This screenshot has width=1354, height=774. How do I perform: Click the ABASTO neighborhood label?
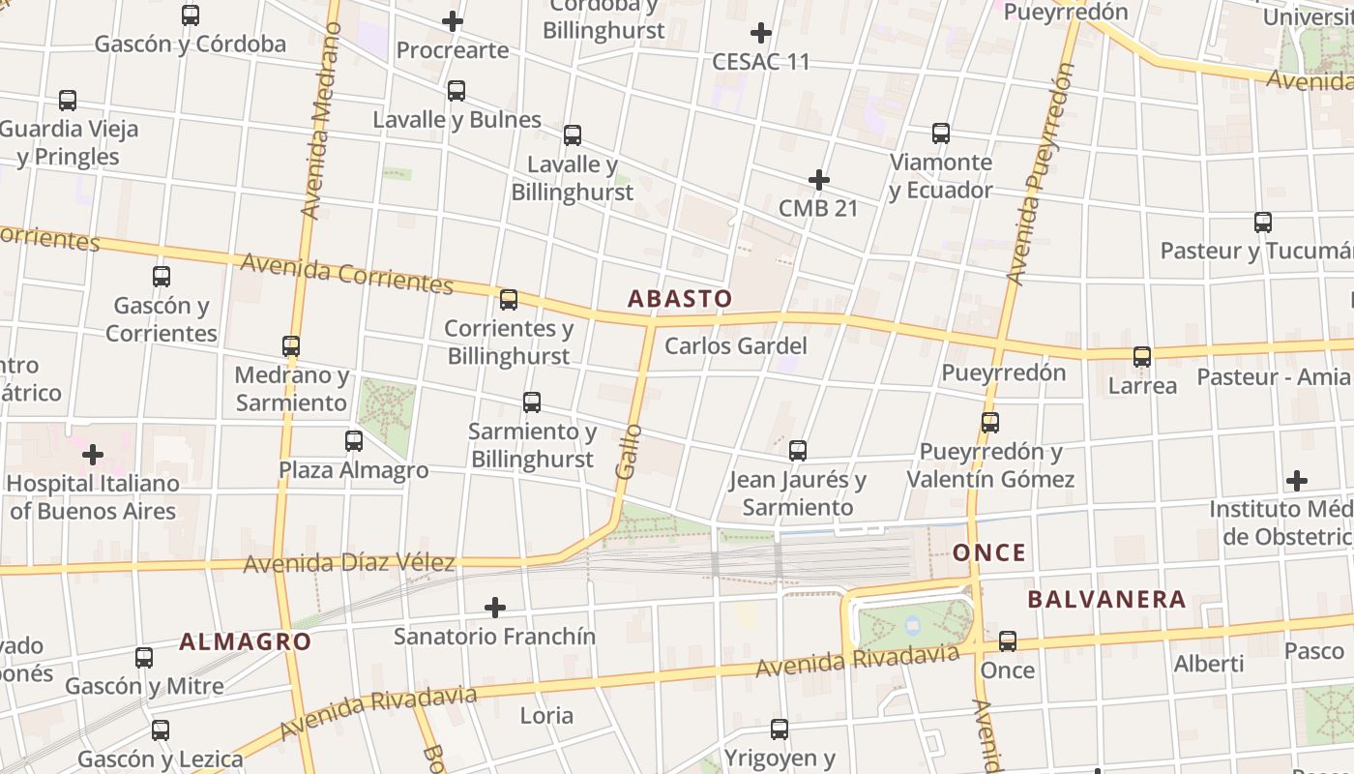tap(680, 298)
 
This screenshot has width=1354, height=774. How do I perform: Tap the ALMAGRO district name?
tap(245, 641)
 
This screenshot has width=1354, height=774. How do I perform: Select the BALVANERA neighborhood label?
tap(1106, 599)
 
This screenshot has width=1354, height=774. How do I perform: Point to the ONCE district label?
tap(988, 552)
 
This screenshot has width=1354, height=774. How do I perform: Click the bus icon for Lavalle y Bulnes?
tap(456, 91)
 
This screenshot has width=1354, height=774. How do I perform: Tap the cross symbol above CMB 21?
tap(819, 180)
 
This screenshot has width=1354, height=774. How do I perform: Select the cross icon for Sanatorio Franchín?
tap(495, 608)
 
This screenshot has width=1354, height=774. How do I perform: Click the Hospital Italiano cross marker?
tap(93, 454)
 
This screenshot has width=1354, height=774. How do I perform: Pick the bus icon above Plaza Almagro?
tap(354, 441)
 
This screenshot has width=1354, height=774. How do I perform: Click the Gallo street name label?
tap(629, 450)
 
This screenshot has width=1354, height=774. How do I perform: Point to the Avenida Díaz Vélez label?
tap(348, 562)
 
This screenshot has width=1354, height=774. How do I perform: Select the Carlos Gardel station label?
tap(735, 345)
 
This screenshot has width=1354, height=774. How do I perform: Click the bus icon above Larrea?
tap(1142, 357)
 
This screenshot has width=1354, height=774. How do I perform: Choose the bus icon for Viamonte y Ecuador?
tap(941, 134)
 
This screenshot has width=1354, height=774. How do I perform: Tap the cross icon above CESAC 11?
tap(761, 33)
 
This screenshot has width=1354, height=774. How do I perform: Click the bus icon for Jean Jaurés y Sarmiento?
tap(798, 451)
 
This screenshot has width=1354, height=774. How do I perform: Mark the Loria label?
tap(546, 716)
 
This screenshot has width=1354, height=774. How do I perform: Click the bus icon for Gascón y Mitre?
tap(144, 658)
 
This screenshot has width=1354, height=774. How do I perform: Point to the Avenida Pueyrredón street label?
tap(1041, 174)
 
